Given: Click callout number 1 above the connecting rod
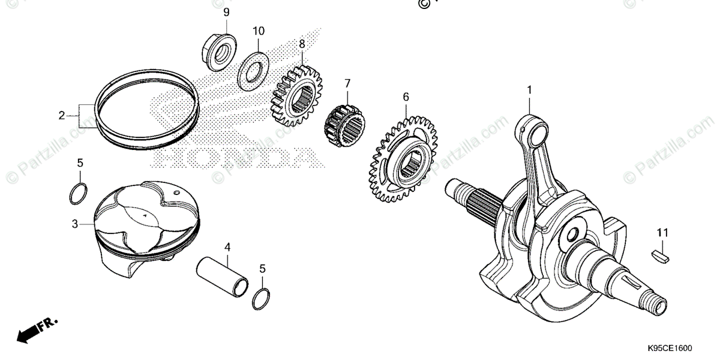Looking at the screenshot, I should point(529,90).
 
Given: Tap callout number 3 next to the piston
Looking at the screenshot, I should point(74,224).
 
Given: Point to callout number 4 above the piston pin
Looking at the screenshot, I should point(227,247).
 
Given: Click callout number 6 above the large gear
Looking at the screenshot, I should point(406,97).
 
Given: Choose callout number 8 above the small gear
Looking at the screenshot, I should point(302,44).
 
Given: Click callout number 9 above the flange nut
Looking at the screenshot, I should point(226,12).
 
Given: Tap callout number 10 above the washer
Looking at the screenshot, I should point(258,31).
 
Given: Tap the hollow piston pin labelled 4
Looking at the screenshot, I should point(223,274).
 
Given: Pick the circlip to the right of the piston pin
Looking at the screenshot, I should point(261,298).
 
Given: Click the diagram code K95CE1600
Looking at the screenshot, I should point(669,349).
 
